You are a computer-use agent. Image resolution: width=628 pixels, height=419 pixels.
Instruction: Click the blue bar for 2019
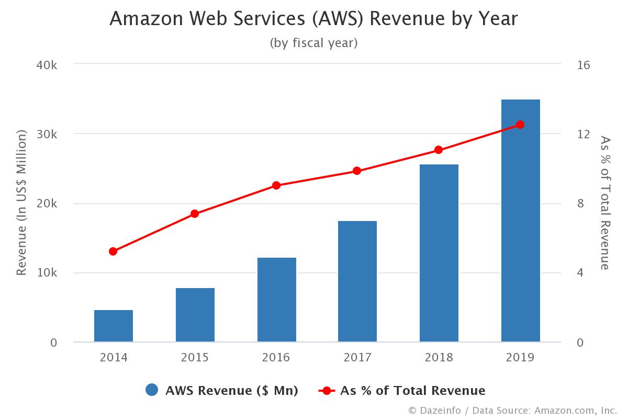pyautogui.click(x=520, y=220)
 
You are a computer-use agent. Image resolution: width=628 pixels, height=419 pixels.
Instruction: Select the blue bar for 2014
pyautogui.click(x=114, y=326)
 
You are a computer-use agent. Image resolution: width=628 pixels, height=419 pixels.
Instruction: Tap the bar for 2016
pyautogui.click(x=276, y=300)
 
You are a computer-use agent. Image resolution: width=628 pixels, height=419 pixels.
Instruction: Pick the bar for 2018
pyautogui.click(x=439, y=253)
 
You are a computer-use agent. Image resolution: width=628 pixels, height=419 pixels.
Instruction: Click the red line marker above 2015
pyautogui.click(x=195, y=214)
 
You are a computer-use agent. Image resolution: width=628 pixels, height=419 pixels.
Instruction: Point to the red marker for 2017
pyautogui.click(x=357, y=171)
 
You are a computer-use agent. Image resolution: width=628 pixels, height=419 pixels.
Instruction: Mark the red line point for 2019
pyautogui.click(x=520, y=125)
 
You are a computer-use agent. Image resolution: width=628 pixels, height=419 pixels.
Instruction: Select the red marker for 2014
pyautogui.click(x=113, y=251)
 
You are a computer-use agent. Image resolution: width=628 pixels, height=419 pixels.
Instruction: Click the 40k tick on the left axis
pyautogui.click(x=47, y=65)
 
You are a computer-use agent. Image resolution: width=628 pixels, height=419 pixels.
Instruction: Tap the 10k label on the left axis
pyautogui.click(x=47, y=273)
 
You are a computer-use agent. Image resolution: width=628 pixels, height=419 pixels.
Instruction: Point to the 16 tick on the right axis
pyautogui.click(x=584, y=65)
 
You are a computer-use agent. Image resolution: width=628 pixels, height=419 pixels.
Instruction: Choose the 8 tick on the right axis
pyautogui.click(x=580, y=203)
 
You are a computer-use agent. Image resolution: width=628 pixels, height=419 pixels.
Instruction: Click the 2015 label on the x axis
pyautogui.click(x=195, y=358)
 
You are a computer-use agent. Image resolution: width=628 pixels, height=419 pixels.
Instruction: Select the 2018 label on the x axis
pyautogui.click(x=439, y=358)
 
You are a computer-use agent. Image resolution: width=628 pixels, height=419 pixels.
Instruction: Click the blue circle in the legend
pyautogui.click(x=152, y=390)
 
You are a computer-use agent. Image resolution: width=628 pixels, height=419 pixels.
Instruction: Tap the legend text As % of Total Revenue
pyautogui.click(x=412, y=390)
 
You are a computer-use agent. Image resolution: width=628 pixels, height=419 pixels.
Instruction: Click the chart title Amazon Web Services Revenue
pyautogui.click(x=313, y=19)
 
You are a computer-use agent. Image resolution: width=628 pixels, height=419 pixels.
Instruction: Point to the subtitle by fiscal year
pyautogui.click(x=313, y=43)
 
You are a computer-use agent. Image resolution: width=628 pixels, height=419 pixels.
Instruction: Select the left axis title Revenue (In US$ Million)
pyautogui.click(x=21, y=203)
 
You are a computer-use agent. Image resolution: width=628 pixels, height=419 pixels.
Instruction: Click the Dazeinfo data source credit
pyautogui.click(x=512, y=410)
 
